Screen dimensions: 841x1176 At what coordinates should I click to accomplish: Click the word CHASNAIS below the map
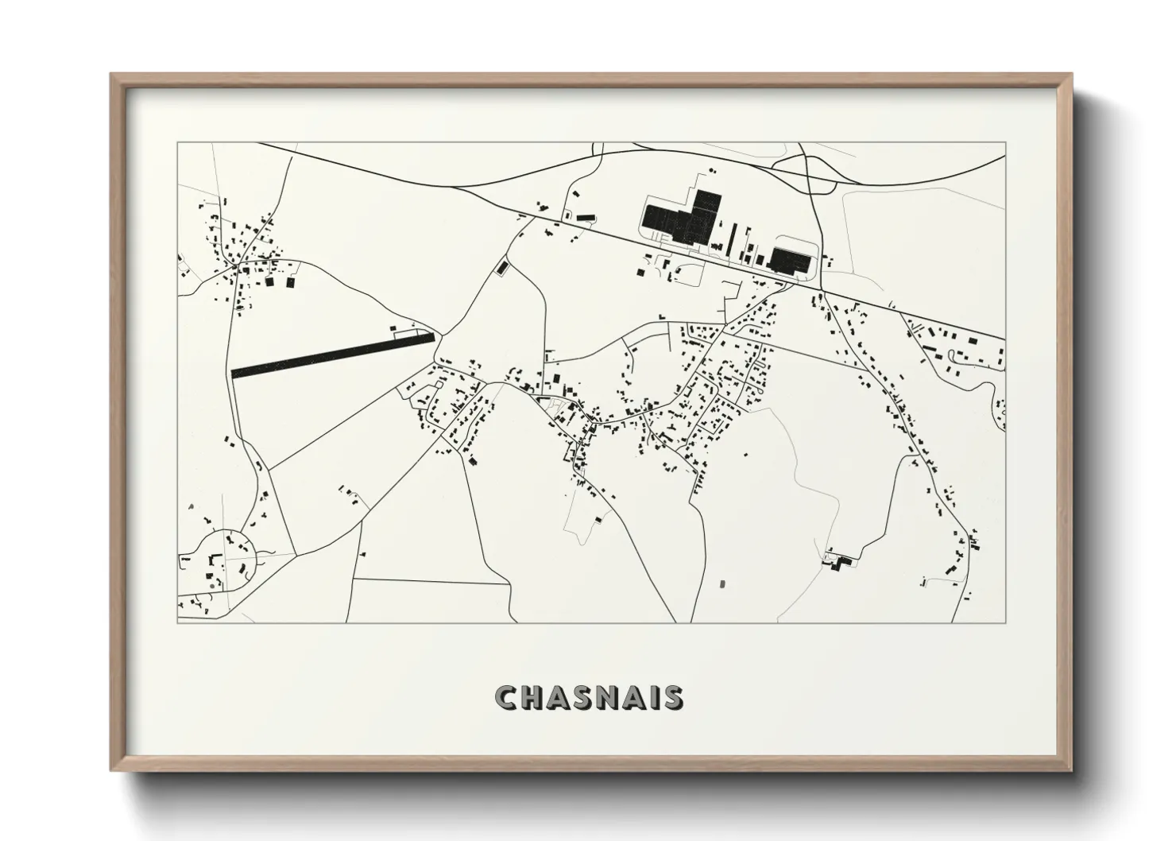(x=588, y=698)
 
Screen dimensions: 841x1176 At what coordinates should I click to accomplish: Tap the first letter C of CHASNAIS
(x=505, y=698)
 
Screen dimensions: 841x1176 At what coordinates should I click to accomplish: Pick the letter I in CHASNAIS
(x=649, y=698)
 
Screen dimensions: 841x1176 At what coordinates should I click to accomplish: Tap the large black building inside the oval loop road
(x=790, y=259)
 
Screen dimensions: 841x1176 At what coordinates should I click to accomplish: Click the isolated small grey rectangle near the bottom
(x=722, y=584)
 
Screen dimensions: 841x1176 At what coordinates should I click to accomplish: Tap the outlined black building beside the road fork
(x=502, y=267)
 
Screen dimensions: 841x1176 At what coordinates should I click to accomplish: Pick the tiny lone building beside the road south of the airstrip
(x=362, y=553)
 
